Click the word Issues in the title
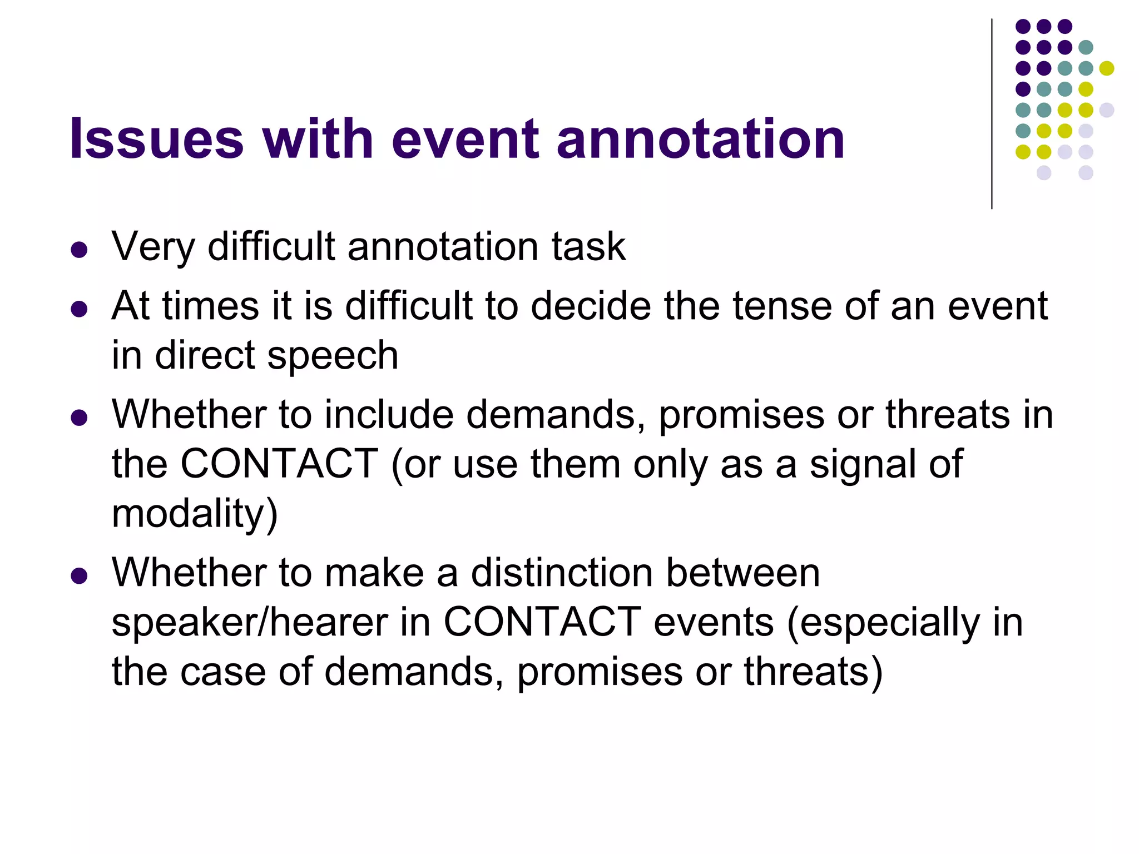tap(157, 139)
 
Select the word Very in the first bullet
tap(153, 247)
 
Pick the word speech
tap(333, 356)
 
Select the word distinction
tap(562, 573)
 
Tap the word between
tap(743, 573)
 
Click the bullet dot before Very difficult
tap(80, 250)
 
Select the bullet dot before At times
tap(80, 309)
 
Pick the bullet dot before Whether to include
tap(80, 418)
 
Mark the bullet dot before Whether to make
tap(80, 576)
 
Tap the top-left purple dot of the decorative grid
tap(1023, 26)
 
